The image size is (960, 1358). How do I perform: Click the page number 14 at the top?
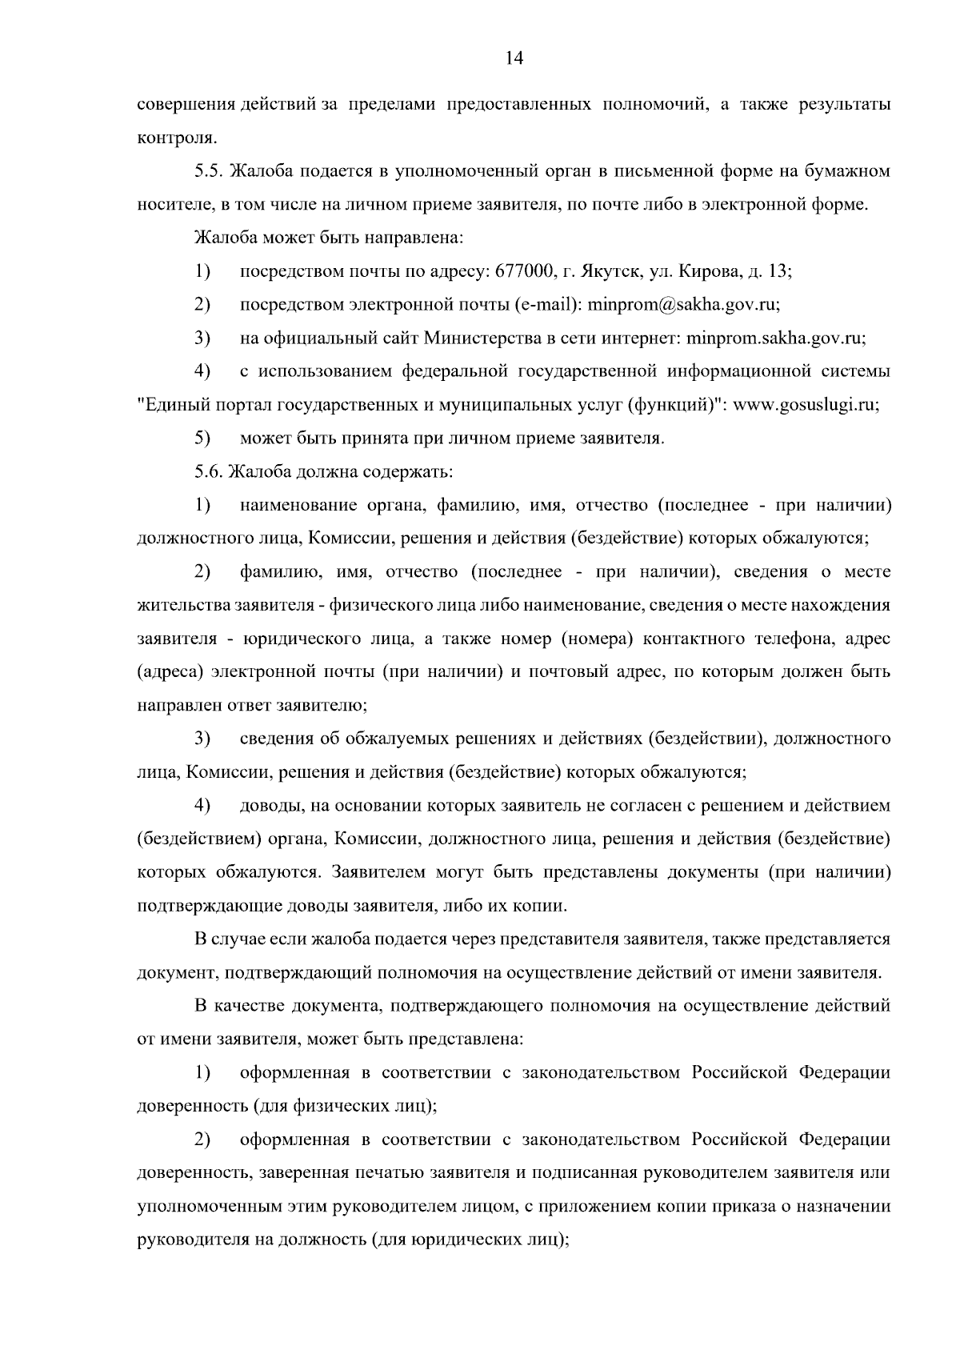coord(514,58)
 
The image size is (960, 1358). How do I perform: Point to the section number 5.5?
coord(210,171)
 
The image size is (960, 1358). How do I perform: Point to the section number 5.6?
coord(210,471)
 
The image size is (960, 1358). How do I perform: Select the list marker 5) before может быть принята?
coord(202,439)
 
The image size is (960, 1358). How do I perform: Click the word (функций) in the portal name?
coord(678,405)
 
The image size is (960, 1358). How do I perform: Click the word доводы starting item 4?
coord(269,805)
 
